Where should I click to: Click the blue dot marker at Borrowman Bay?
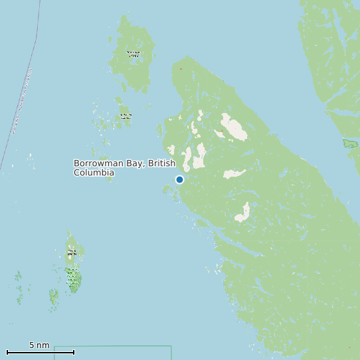coord(179,179)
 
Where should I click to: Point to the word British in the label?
coord(162,163)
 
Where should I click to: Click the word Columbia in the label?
coord(94,173)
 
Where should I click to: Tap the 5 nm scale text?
coord(39,345)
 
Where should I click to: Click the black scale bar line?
coord(40,352)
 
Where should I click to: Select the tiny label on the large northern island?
coord(134,53)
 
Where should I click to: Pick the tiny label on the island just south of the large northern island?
coord(126,116)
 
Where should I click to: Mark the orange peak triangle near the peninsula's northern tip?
coord(180,68)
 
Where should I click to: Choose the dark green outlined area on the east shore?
coord(350,143)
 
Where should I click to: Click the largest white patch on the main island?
coord(233,127)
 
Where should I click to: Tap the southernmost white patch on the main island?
coord(243,213)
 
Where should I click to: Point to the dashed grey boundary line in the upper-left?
coord(20,100)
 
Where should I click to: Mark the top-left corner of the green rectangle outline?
coord(54,347)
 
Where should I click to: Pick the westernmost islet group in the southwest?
coord(19,282)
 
